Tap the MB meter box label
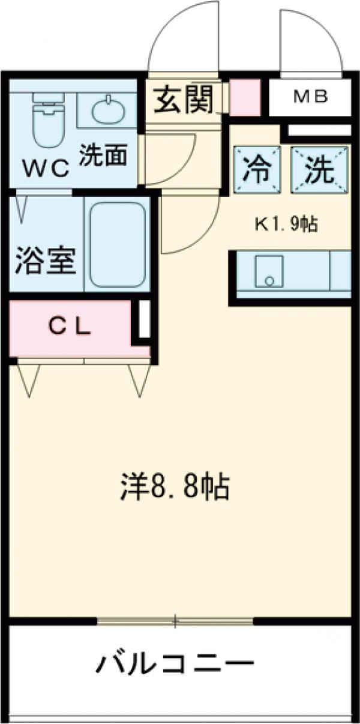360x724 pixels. (x=310, y=97)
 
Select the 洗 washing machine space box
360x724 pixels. (x=320, y=170)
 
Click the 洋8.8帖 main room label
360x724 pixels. (x=173, y=487)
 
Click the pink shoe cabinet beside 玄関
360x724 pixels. (x=246, y=98)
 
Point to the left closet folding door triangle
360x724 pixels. (x=29, y=379)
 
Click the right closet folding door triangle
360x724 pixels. (x=140, y=379)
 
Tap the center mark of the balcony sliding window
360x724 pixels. (x=175, y=620)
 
